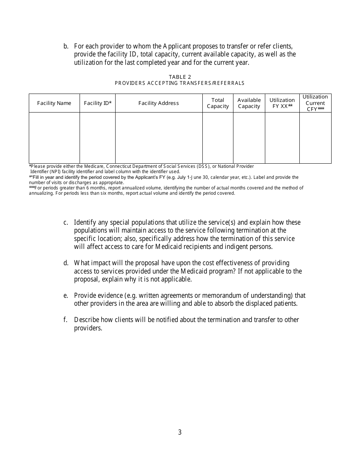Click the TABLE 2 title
click(x=180, y=77)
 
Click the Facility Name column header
click(x=54, y=103)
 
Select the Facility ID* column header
click(x=97, y=103)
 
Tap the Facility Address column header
click(x=158, y=103)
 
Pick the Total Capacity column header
click(x=218, y=103)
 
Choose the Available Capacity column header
click(x=249, y=103)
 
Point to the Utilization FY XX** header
click(x=282, y=103)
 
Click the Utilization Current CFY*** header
click(x=315, y=103)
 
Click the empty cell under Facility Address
click(x=158, y=138)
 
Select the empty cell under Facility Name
click(x=54, y=138)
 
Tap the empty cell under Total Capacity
click(x=218, y=138)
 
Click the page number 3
click(x=180, y=432)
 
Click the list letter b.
click(x=66, y=46)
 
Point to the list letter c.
click(x=66, y=222)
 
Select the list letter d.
click(x=66, y=263)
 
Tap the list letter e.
click(x=66, y=296)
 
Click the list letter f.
click(x=66, y=320)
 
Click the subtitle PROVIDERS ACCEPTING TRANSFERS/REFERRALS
click(x=180, y=83)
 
